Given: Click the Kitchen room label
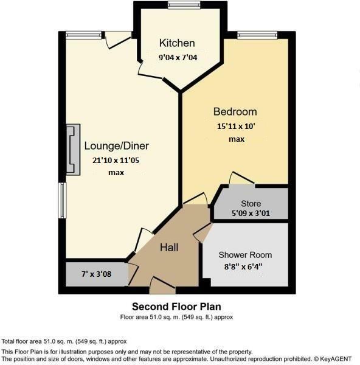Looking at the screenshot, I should [x=177, y=43].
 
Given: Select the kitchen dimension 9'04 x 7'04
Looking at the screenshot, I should [x=177, y=58].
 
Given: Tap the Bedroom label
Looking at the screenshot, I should [x=235, y=112].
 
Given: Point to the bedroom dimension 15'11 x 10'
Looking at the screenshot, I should [x=237, y=127].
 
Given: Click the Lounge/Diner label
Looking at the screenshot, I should [x=116, y=146].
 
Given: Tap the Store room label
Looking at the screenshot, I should [x=250, y=204].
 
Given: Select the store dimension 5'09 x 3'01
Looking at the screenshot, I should [x=250, y=214].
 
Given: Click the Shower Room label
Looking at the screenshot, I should [x=245, y=255].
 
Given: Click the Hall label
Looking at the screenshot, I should [x=168, y=248].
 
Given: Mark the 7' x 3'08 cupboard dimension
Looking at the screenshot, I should [x=95, y=274].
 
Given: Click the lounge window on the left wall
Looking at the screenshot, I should [x=61, y=200].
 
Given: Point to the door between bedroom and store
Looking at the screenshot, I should [x=241, y=179].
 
